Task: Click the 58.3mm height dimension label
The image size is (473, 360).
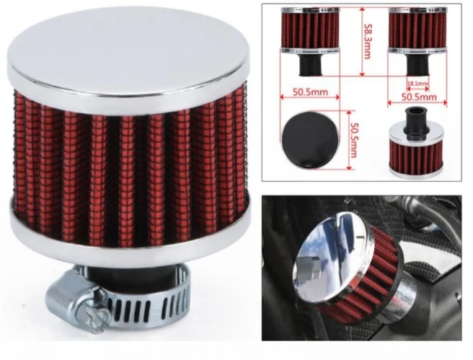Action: [x=368, y=42]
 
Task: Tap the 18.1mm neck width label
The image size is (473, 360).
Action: [x=417, y=83]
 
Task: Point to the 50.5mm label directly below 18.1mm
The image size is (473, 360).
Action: [x=419, y=97]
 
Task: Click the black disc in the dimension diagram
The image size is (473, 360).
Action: [x=310, y=139]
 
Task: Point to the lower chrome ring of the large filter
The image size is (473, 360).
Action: [x=131, y=232]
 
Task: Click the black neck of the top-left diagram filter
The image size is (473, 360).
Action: [x=310, y=65]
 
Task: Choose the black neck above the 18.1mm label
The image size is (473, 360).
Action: [x=417, y=65]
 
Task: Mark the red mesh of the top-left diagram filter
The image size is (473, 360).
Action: [x=310, y=30]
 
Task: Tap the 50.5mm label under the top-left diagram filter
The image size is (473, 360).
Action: [x=310, y=92]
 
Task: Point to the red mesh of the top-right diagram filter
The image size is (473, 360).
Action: [x=417, y=30]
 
